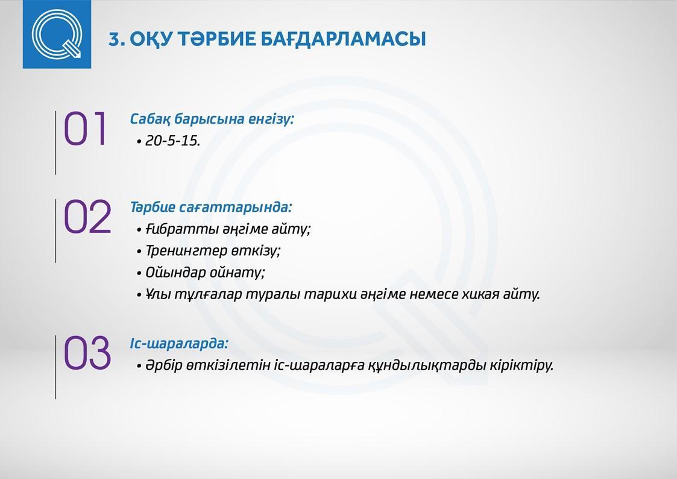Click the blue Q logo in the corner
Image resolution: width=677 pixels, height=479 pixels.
coord(57,34)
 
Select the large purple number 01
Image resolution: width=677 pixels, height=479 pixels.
coord(86,128)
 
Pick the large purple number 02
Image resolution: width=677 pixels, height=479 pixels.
coord(87,217)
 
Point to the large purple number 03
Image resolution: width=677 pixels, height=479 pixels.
coord(87,354)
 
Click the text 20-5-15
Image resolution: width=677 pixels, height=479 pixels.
coord(172,141)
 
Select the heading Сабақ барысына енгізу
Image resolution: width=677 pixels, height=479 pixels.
coord(212,119)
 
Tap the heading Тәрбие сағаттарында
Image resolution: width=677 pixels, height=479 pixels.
coord(211,208)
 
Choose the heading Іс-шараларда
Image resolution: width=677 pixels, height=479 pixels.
coord(179,344)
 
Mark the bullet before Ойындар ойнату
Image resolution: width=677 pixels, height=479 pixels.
coord(139,273)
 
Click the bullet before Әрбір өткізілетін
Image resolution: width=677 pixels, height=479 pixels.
coord(139,366)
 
